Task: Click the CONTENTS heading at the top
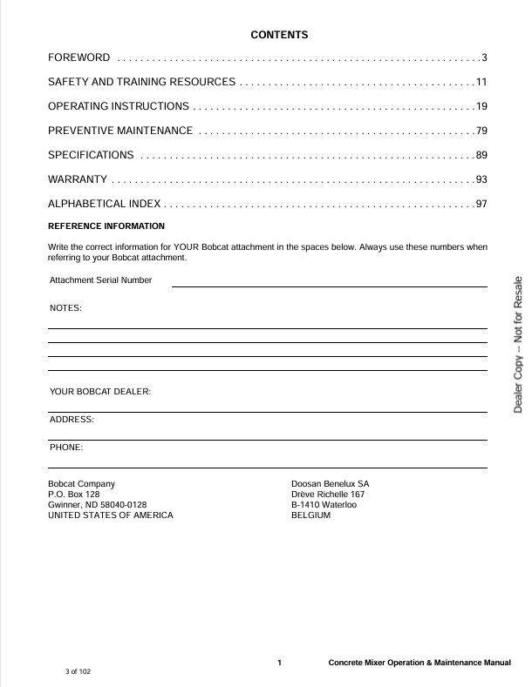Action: click(279, 35)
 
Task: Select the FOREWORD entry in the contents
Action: click(78, 58)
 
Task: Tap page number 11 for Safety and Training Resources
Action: click(481, 82)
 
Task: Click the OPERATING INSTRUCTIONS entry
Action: click(119, 106)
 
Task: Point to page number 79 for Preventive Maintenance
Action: click(481, 131)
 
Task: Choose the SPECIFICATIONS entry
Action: click(91, 155)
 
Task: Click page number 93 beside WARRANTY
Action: click(481, 179)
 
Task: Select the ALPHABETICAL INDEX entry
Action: click(104, 204)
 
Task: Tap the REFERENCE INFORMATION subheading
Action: click(106, 226)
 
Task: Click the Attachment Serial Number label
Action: click(100, 280)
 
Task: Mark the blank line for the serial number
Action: click(329, 286)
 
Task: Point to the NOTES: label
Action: click(66, 308)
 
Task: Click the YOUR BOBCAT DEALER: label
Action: click(100, 392)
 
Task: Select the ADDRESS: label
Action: click(72, 420)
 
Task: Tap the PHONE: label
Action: click(66, 448)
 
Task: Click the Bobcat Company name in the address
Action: click(81, 483)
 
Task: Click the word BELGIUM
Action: click(310, 515)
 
